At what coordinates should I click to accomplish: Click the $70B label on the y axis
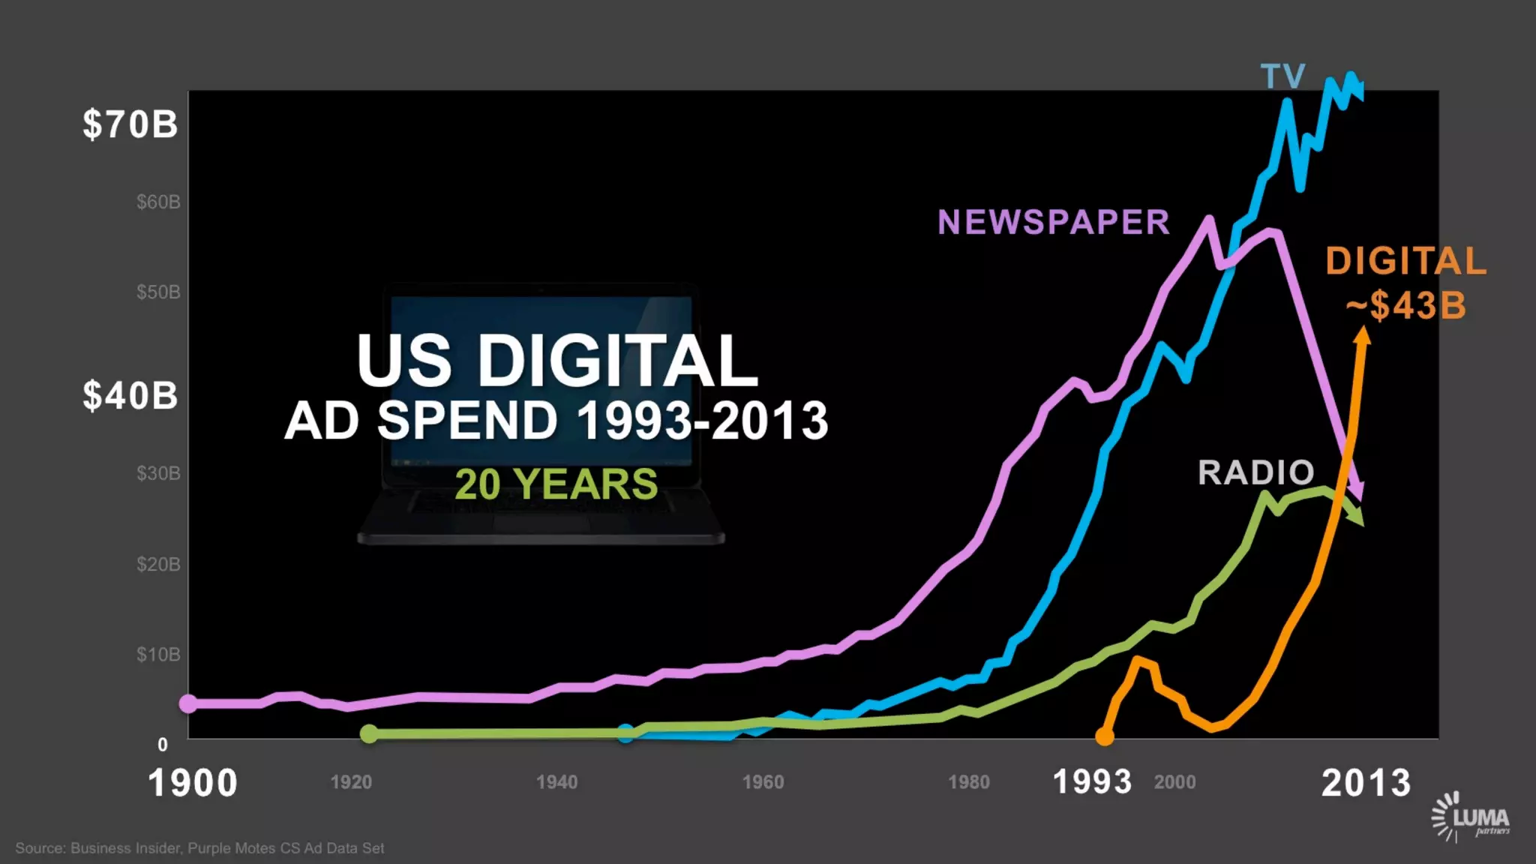pyautogui.click(x=130, y=124)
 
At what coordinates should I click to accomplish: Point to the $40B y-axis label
pyautogui.click(x=130, y=395)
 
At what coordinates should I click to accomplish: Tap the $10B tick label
pyautogui.click(x=158, y=654)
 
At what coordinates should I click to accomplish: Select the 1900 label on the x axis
pyautogui.click(x=193, y=783)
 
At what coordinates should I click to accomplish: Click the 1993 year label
pyautogui.click(x=1092, y=782)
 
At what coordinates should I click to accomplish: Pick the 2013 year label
pyautogui.click(x=1366, y=783)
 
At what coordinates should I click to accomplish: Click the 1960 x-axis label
pyautogui.click(x=763, y=782)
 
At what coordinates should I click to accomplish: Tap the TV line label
pyautogui.click(x=1283, y=76)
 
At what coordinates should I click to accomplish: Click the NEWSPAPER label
pyautogui.click(x=1053, y=222)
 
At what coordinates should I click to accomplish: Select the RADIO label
pyautogui.click(x=1255, y=472)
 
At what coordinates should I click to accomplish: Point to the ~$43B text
pyautogui.click(x=1405, y=305)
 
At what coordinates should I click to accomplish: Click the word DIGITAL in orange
pyautogui.click(x=1405, y=261)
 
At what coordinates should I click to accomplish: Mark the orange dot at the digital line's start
pyautogui.click(x=1105, y=736)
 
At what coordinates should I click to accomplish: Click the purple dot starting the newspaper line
pyautogui.click(x=188, y=703)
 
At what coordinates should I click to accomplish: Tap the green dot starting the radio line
pyautogui.click(x=369, y=733)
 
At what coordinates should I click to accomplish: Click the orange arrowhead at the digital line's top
pyautogui.click(x=1363, y=335)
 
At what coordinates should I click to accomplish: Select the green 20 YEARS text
pyautogui.click(x=556, y=484)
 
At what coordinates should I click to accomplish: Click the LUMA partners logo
pyautogui.click(x=1471, y=816)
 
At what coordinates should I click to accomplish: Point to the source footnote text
pyautogui.click(x=199, y=848)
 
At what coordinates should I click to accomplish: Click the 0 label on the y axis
pyautogui.click(x=163, y=745)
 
